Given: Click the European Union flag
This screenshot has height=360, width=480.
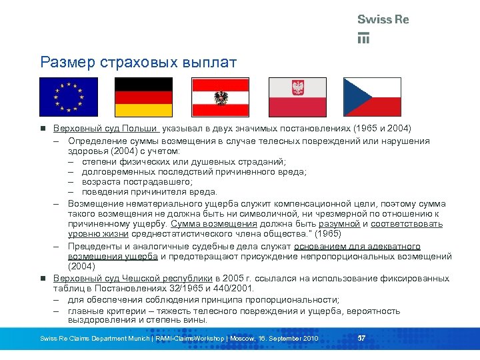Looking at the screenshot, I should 68,97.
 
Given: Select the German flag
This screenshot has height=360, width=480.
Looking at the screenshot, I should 144,97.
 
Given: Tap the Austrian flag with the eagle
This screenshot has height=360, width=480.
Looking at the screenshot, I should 221,97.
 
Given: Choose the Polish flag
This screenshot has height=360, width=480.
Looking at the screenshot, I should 297,97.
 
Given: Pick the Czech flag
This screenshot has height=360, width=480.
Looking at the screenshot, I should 372,97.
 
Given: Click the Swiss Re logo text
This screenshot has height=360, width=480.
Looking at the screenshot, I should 383,20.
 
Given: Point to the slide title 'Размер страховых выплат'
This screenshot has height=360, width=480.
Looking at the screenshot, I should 138,63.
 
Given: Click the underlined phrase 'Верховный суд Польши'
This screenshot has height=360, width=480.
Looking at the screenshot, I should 105,128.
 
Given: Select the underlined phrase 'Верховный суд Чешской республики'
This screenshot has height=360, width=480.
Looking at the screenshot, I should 133,277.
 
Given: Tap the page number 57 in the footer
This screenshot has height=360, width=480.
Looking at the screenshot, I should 362,338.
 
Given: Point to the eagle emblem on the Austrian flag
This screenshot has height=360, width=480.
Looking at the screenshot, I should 221,98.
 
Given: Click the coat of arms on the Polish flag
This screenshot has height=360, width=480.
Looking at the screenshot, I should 297,88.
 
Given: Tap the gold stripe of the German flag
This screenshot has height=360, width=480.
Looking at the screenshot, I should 144,110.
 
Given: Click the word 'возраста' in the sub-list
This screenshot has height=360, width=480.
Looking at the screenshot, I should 101,181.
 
